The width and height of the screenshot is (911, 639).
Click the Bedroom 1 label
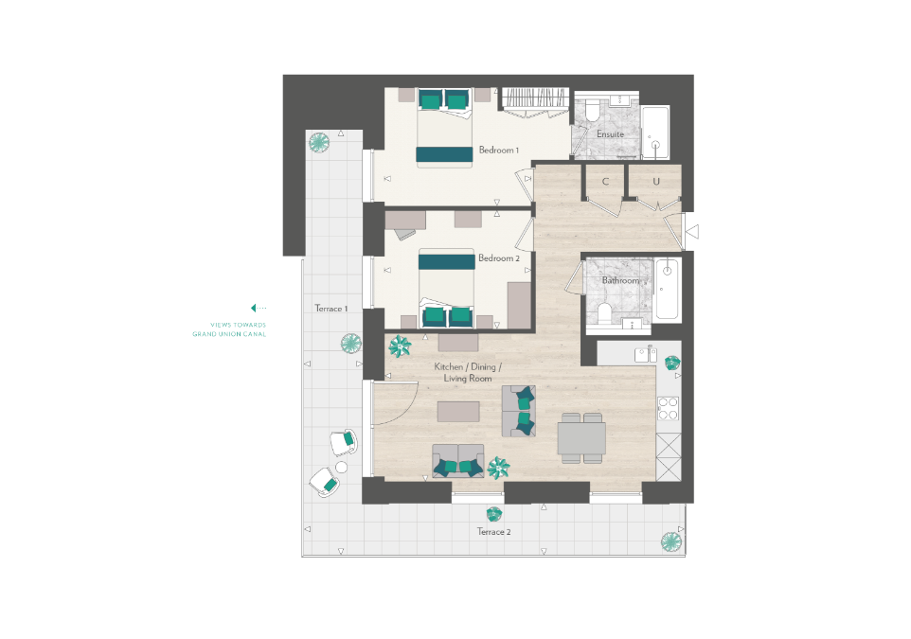tap(498, 150)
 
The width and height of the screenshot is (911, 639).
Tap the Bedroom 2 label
tap(498, 257)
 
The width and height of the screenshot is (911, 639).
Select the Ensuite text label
tap(610, 134)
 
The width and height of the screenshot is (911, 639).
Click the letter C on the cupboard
tap(605, 181)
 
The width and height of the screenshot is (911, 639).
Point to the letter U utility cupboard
tap(656, 181)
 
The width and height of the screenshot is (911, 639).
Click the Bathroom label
tap(620, 280)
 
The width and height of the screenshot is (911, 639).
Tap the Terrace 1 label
tap(331, 309)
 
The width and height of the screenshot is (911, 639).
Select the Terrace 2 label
tap(493, 531)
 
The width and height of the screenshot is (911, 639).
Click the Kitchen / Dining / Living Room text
tap(468, 372)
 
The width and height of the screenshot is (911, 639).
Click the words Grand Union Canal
tap(229, 334)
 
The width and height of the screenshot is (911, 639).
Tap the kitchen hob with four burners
tap(669, 408)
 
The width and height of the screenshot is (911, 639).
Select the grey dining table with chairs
tap(581, 438)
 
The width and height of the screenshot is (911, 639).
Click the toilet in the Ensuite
tap(593, 112)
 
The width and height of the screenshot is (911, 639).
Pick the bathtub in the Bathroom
tap(667, 290)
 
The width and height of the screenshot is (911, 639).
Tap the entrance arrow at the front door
tap(692, 232)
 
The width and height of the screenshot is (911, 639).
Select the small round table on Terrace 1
tap(341, 467)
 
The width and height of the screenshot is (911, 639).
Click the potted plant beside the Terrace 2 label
tap(493, 514)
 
